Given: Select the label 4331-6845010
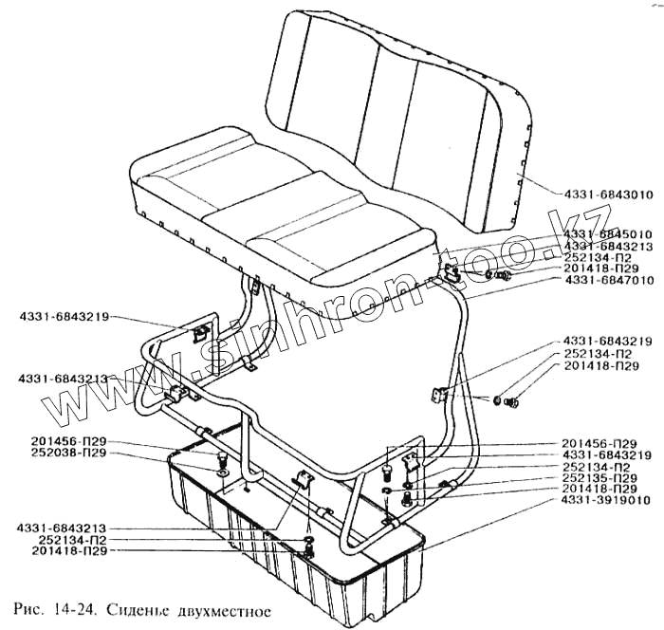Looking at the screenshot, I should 607,234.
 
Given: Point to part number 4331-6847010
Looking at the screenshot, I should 607,281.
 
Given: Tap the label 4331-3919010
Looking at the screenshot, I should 607,500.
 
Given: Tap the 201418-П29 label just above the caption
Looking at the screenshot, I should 58,550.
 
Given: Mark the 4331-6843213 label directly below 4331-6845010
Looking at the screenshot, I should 607,246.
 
